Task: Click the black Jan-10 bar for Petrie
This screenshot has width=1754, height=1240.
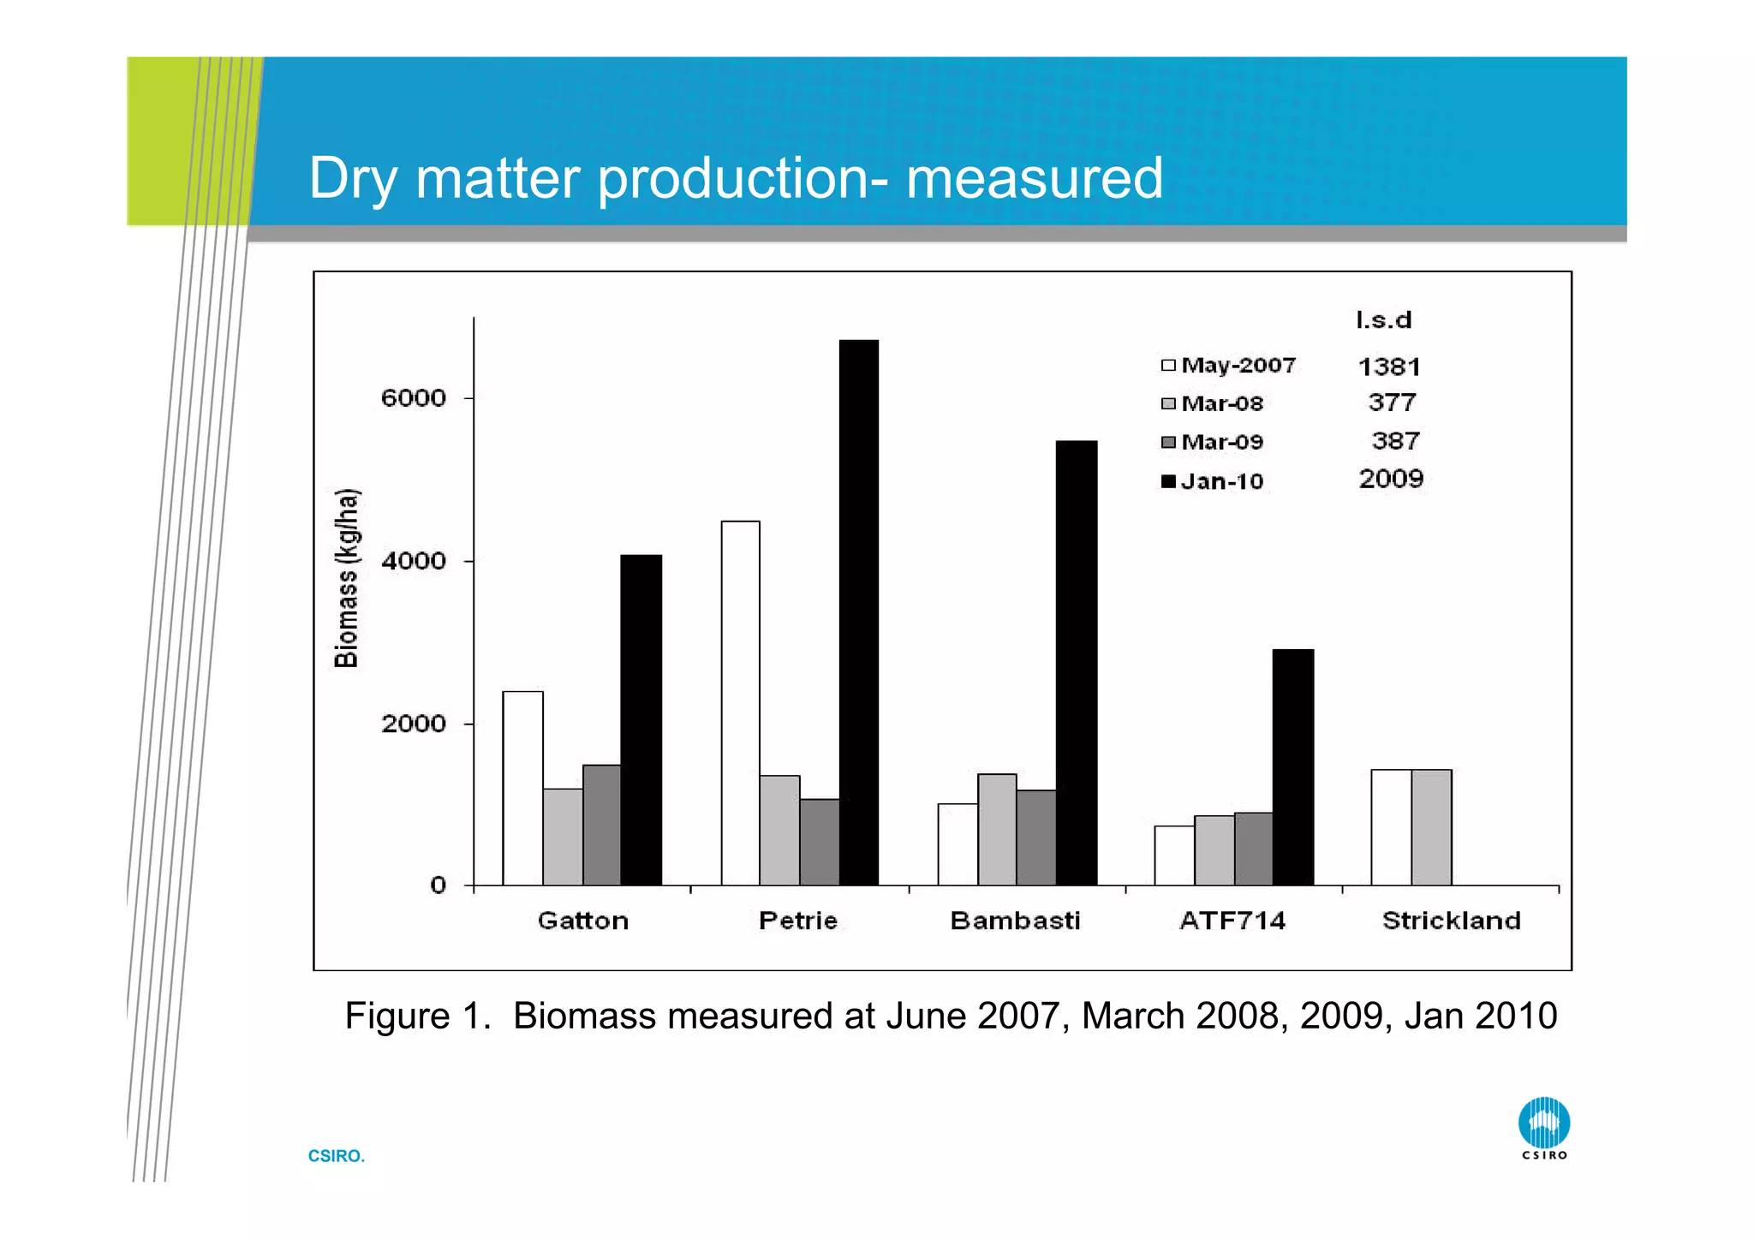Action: [858, 612]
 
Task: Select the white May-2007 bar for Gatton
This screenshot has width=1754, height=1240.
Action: [522, 788]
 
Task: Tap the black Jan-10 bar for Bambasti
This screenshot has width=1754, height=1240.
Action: [1076, 663]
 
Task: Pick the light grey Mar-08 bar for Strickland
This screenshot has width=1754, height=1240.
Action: [1431, 827]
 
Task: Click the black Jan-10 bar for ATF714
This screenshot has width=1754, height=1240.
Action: [1292, 767]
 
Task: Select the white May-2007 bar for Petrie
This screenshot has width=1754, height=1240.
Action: [740, 703]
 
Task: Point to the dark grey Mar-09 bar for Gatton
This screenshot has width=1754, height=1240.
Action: [601, 825]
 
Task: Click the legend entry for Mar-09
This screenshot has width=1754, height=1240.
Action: [1213, 442]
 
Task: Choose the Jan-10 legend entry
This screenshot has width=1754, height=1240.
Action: [1213, 481]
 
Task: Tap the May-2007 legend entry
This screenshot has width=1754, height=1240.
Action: [1228, 366]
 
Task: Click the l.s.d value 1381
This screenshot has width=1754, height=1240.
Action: [1389, 367]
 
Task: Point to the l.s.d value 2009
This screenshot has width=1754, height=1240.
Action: [1391, 479]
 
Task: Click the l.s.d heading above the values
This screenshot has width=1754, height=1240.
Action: [1383, 320]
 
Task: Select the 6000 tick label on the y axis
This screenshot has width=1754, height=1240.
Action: [414, 398]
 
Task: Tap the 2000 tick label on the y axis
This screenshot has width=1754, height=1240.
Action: [414, 724]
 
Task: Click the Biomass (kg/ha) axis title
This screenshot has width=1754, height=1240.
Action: [347, 578]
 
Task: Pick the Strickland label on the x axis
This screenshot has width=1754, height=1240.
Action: [1451, 921]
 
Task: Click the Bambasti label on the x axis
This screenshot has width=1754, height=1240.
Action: [1015, 921]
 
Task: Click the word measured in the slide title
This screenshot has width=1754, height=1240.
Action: [1034, 178]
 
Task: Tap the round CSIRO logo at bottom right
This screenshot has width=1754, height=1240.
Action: [1543, 1124]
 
